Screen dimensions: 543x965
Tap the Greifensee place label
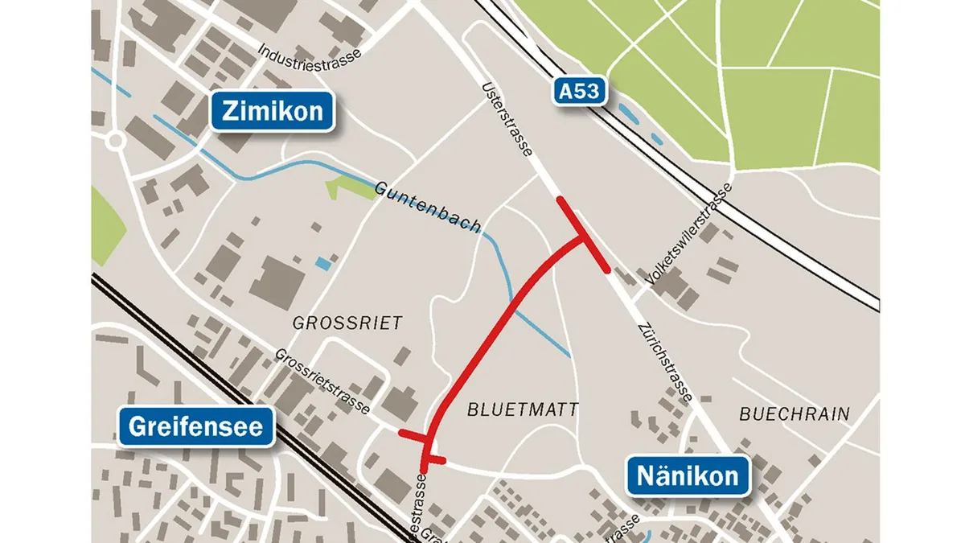(195, 426)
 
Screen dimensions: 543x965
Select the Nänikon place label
(688, 475)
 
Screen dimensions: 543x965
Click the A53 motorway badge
(578, 91)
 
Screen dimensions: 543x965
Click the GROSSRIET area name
(347, 323)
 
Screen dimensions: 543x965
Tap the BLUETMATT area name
(523, 409)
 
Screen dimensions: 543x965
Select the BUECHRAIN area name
(794, 414)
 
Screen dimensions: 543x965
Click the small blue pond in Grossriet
(323, 263)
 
